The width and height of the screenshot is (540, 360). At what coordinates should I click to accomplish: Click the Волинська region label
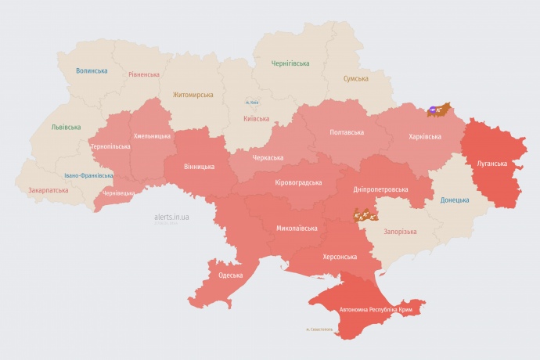[x=92, y=71]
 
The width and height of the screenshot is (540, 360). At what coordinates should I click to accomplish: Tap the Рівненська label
[x=144, y=75]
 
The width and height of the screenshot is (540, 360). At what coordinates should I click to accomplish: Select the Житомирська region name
[x=193, y=95]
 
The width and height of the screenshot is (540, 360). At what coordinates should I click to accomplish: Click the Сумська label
[x=356, y=79]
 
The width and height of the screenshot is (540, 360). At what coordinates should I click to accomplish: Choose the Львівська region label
[x=66, y=126]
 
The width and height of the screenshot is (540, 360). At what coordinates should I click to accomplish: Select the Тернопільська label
[x=110, y=146]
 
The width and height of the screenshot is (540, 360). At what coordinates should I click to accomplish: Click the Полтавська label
[x=346, y=132]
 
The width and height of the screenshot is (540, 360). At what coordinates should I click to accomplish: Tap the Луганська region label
[x=491, y=164]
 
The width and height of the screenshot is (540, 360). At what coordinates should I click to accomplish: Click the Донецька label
[x=455, y=200]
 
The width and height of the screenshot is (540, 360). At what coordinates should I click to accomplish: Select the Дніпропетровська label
[x=380, y=189]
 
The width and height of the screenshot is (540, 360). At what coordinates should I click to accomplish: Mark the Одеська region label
[x=230, y=275]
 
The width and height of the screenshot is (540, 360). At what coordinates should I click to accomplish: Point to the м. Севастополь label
[x=319, y=329]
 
